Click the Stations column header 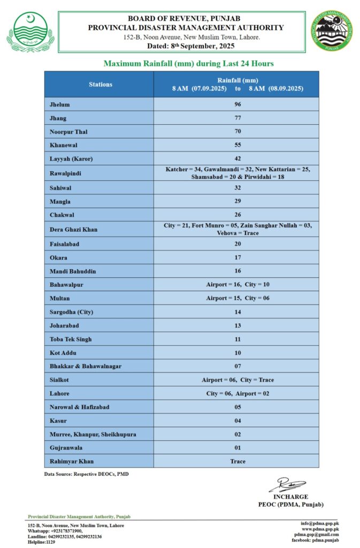coord(101,84)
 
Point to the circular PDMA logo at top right coord(333,32)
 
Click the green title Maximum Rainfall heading coord(188,64)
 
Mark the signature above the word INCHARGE coord(287,486)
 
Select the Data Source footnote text coord(86,474)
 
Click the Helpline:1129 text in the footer coord(41,542)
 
